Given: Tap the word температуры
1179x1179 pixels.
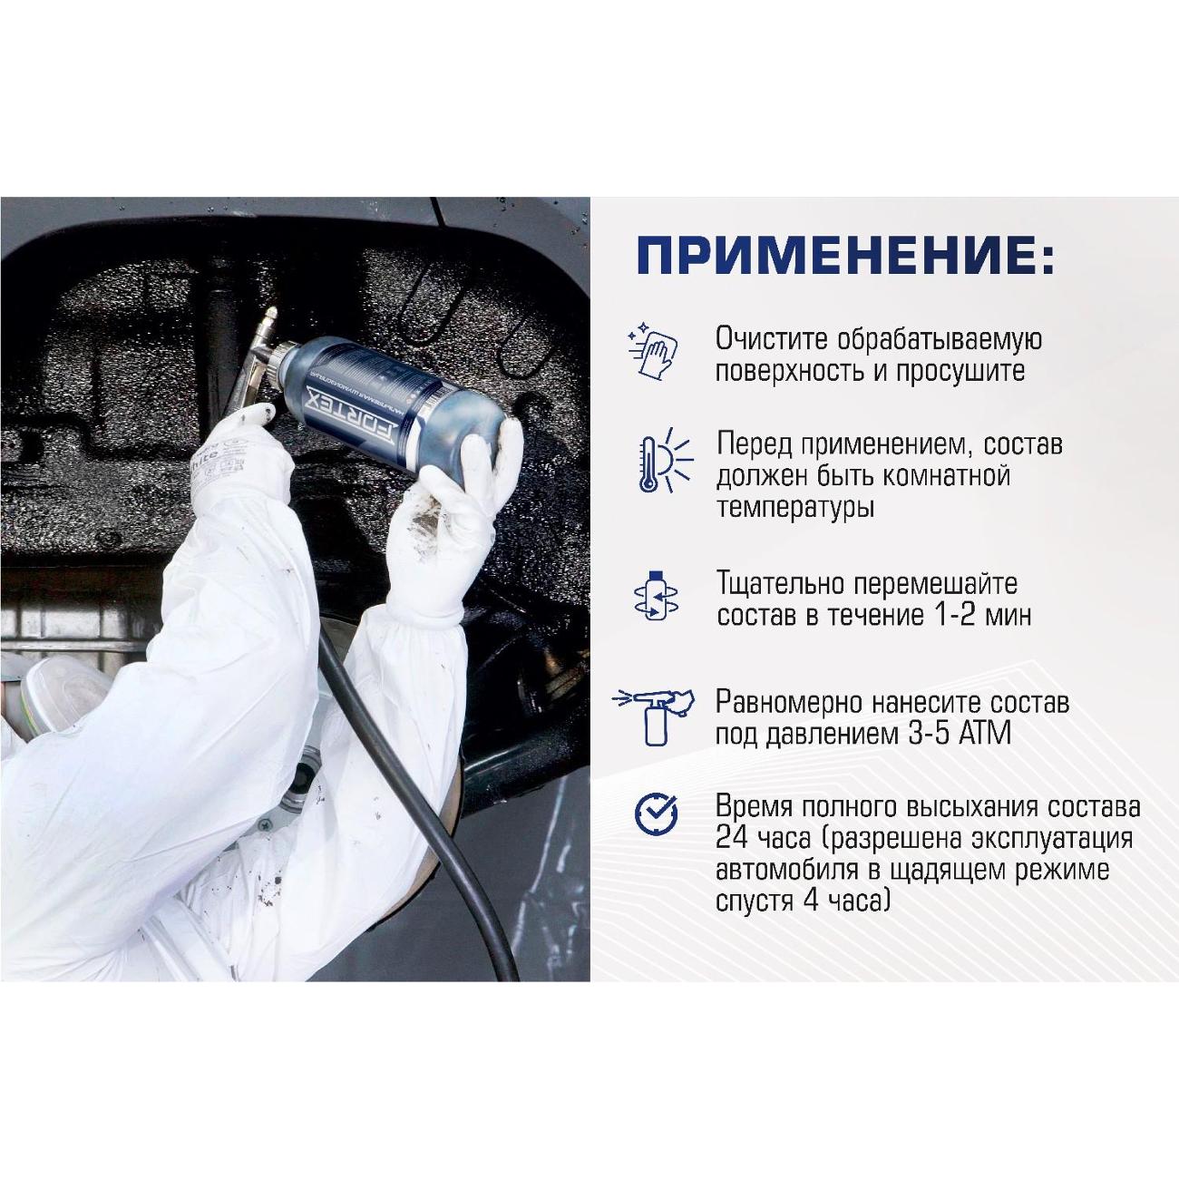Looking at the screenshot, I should pos(795,507).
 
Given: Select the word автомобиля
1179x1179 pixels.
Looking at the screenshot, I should pos(785,871).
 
